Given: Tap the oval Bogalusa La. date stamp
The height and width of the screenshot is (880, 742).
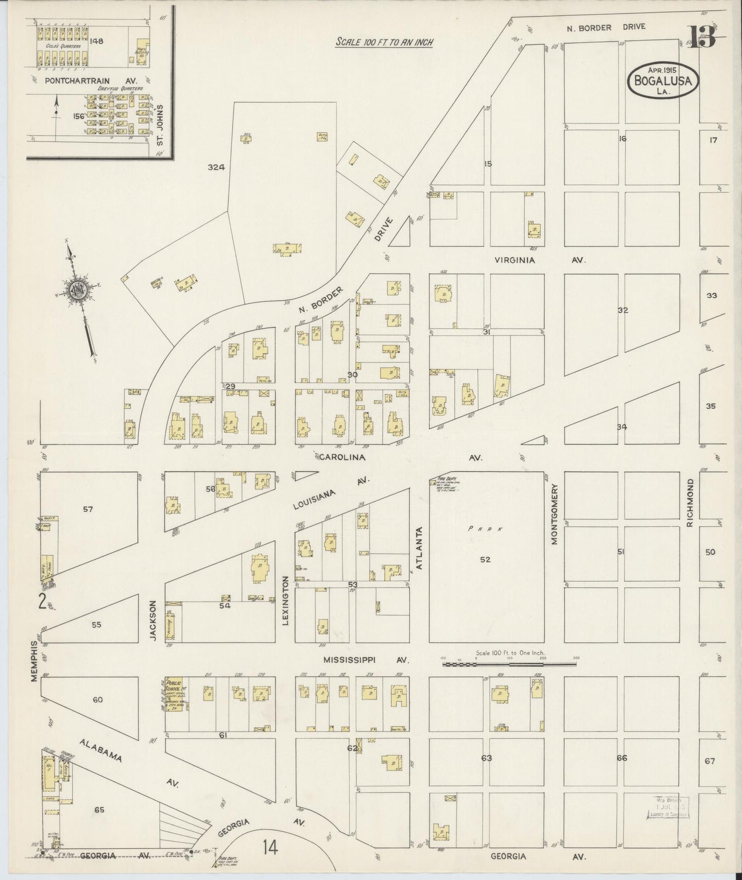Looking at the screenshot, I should [662, 80].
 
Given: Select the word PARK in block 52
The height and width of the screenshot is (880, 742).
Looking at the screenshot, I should [485, 529].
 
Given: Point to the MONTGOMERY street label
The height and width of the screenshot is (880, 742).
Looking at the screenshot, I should [555, 514].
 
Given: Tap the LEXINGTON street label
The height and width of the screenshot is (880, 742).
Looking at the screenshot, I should [286, 600].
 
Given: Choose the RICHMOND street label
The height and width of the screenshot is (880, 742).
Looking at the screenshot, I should [690, 503].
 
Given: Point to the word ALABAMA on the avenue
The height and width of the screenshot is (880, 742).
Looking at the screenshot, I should [100, 751].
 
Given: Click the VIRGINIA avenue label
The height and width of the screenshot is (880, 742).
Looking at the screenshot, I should [515, 260].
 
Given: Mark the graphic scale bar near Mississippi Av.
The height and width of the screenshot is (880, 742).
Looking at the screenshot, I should [508, 664].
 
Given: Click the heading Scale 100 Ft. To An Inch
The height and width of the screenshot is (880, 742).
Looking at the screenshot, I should [384, 42].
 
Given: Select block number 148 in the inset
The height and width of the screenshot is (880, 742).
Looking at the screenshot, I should [96, 41].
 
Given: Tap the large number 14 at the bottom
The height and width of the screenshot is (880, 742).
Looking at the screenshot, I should [270, 847].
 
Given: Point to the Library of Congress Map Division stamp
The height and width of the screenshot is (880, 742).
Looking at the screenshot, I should [670, 808].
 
